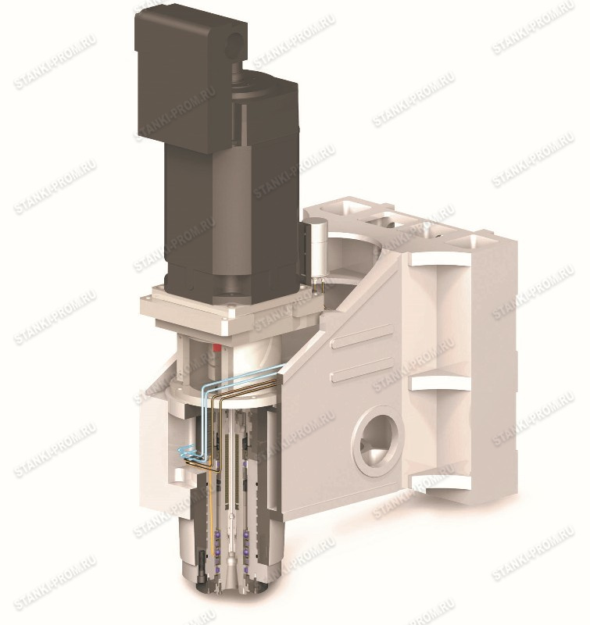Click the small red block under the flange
[217, 347]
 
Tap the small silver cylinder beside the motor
[318, 247]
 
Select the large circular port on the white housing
[377, 439]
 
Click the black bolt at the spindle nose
[203, 562]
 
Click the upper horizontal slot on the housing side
[362, 336]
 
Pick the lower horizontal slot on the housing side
[362, 370]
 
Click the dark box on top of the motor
[191, 76]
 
